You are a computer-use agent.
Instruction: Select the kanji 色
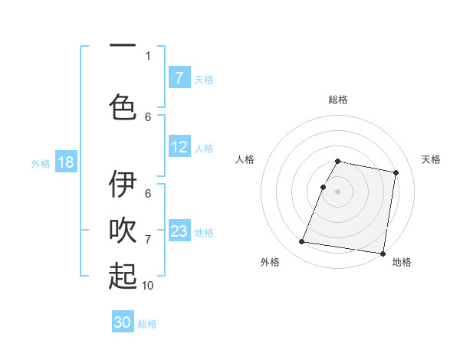123,106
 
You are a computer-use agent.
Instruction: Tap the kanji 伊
123,185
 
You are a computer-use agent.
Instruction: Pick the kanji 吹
123,231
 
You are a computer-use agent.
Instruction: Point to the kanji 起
123,276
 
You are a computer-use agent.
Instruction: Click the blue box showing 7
179,77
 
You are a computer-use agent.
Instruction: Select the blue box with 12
179,147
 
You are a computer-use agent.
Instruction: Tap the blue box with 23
179,231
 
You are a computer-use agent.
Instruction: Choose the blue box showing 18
65,162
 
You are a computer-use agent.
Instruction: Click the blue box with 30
123,322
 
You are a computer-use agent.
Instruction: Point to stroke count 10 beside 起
148,285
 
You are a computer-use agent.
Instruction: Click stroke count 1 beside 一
148,55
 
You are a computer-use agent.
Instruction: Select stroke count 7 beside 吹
148,240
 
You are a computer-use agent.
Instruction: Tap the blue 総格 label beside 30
147,324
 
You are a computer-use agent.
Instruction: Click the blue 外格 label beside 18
40,163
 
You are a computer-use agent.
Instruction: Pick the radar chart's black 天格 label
431,159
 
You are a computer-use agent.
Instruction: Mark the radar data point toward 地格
382,253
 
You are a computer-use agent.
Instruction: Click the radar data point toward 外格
302,242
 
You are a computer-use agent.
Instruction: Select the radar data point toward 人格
324,187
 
